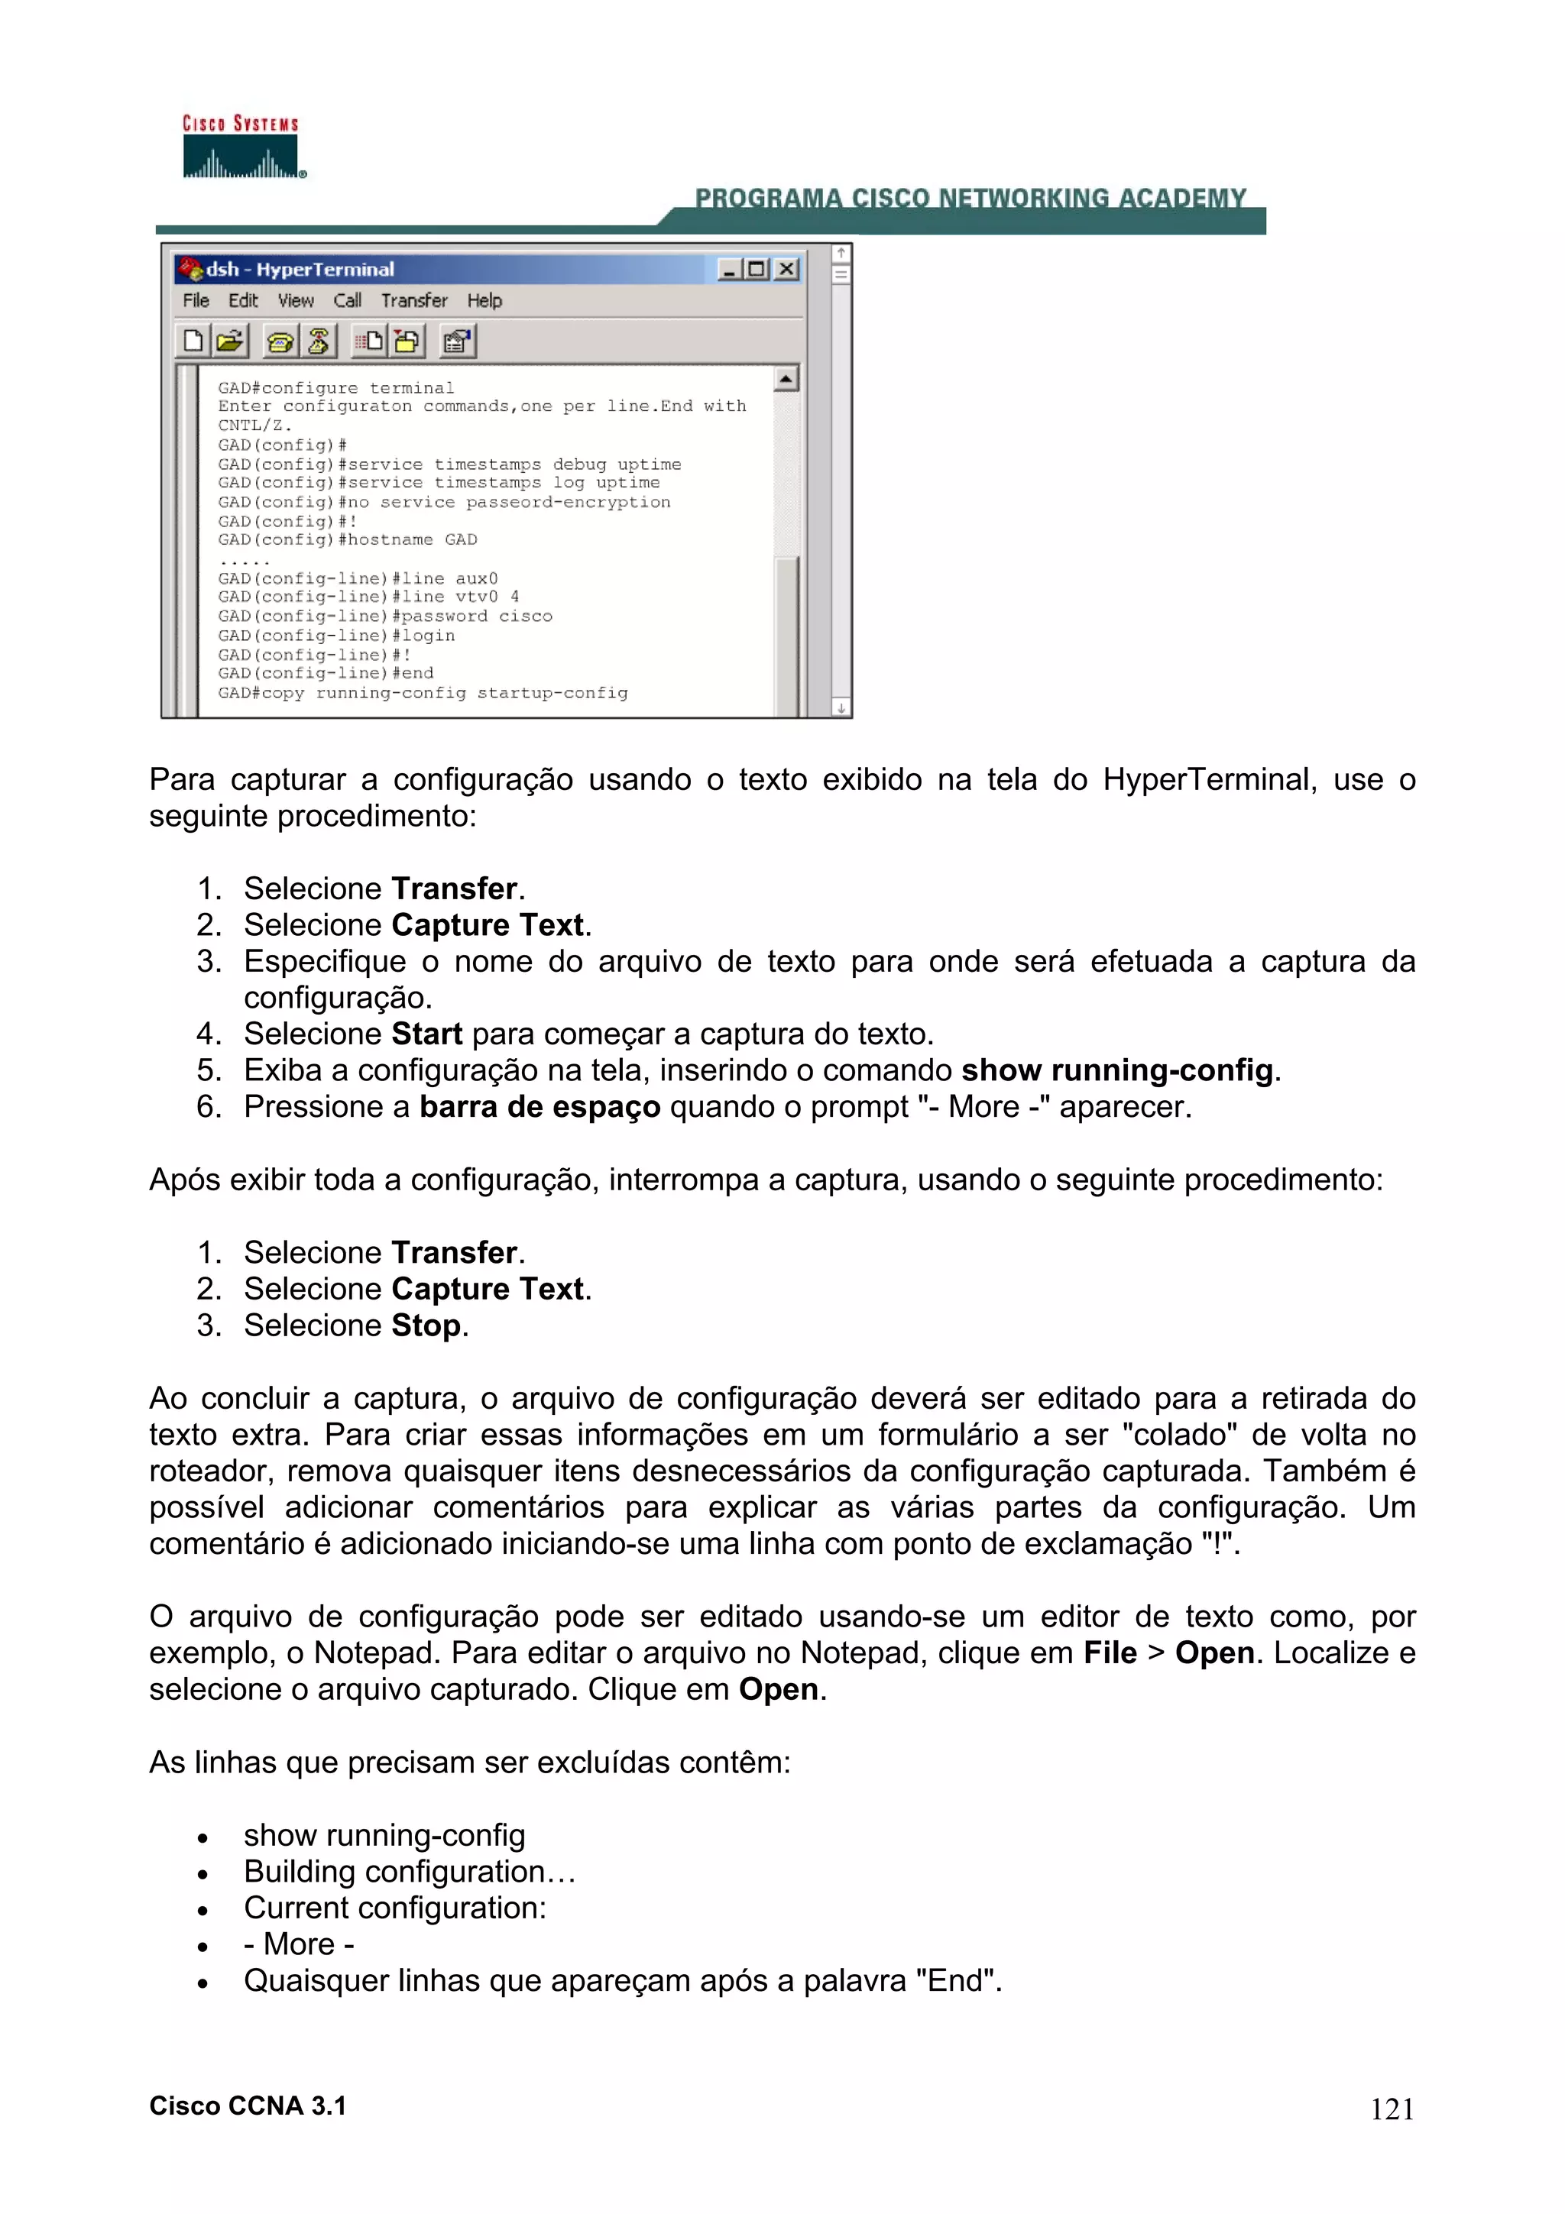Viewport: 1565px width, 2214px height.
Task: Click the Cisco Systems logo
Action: coord(243,147)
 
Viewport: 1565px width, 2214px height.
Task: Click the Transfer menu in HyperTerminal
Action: coord(413,301)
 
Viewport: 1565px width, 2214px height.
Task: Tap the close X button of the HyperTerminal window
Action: coord(788,269)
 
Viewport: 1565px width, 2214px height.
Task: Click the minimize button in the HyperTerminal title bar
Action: coord(729,269)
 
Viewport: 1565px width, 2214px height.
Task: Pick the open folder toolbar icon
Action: coord(231,341)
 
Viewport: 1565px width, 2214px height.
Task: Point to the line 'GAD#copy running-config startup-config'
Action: coord(423,694)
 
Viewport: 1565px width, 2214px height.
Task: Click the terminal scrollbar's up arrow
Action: coord(787,380)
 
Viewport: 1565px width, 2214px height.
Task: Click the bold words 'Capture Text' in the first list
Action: coord(488,924)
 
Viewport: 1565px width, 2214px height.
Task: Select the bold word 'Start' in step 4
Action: coord(426,1034)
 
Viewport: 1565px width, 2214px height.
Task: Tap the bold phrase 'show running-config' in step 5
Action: coord(1116,1070)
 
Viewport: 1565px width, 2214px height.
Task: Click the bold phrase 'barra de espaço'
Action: coord(539,1107)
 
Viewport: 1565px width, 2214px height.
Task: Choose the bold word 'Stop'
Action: coord(425,1326)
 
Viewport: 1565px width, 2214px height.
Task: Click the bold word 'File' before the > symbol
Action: coord(1110,1652)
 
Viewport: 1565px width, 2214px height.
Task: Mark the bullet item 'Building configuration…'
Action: coord(409,1872)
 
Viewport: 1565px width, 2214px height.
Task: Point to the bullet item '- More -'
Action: coord(299,1944)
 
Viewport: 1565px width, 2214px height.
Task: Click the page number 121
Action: coord(1392,2110)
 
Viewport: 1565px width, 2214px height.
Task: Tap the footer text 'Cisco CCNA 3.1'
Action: coord(248,2106)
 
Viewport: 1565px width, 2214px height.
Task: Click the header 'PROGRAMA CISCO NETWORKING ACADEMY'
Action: coord(970,198)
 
